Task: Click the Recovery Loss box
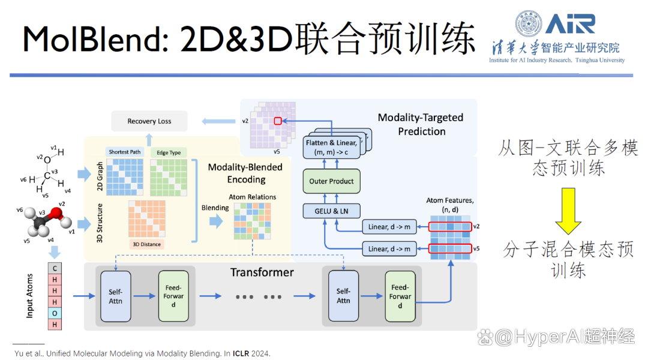click(149, 121)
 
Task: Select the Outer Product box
click(331, 181)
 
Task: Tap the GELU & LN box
click(331, 211)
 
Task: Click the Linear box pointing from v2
click(389, 226)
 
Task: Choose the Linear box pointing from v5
click(389, 249)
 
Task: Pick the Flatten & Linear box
click(331, 148)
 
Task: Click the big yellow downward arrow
click(568, 211)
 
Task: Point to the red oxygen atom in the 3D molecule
click(56, 214)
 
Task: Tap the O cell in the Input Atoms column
click(55, 313)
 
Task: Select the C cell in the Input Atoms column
click(55, 268)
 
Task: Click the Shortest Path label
click(124, 152)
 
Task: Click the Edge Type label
click(169, 152)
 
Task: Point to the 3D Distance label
click(147, 244)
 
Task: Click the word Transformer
click(262, 272)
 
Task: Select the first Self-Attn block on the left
click(116, 296)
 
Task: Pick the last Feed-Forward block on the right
click(400, 296)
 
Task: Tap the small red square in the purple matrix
click(278, 121)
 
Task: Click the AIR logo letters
click(571, 23)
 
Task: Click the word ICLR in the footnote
click(241, 353)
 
